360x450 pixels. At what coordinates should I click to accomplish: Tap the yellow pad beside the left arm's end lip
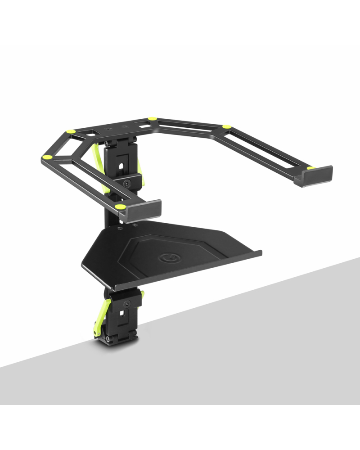pos(120,207)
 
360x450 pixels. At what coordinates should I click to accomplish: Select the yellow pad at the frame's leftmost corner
pos(46,157)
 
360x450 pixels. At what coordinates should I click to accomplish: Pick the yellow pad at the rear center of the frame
pos(152,119)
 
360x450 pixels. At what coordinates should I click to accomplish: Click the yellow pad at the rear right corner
pos(227,127)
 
